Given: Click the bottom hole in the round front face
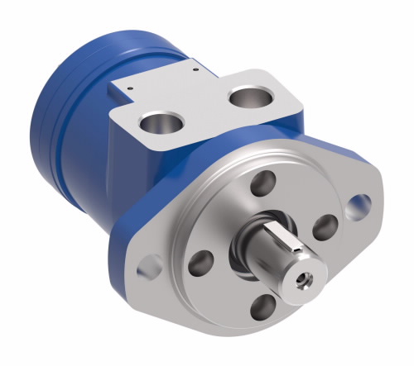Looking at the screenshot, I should tap(263, 308).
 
